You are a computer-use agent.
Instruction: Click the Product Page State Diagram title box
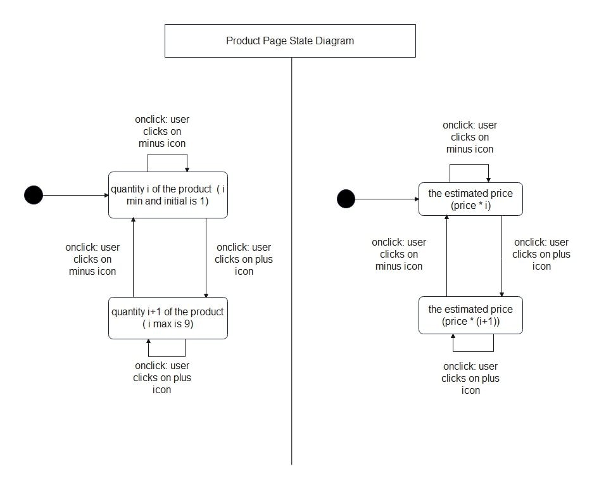click(290, 41)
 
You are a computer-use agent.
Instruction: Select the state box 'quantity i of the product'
click(168, 195)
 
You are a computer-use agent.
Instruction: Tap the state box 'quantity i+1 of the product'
click(168, 318)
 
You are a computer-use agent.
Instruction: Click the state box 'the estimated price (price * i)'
click(470, 199)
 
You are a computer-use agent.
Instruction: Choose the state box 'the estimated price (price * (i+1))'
click(470, 315)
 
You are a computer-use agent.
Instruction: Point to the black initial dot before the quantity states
click(34, 195)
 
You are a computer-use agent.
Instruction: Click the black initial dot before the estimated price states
click(346, 199)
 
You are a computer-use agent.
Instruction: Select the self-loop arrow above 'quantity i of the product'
click(168, 154)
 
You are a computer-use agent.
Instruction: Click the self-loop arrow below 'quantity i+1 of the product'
click(167, 356)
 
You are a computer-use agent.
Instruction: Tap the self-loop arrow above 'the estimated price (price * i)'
click(469, 165)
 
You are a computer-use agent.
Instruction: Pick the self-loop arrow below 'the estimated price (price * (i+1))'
click(472, 351)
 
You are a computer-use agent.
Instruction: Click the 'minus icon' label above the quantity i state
click(162, 143)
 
